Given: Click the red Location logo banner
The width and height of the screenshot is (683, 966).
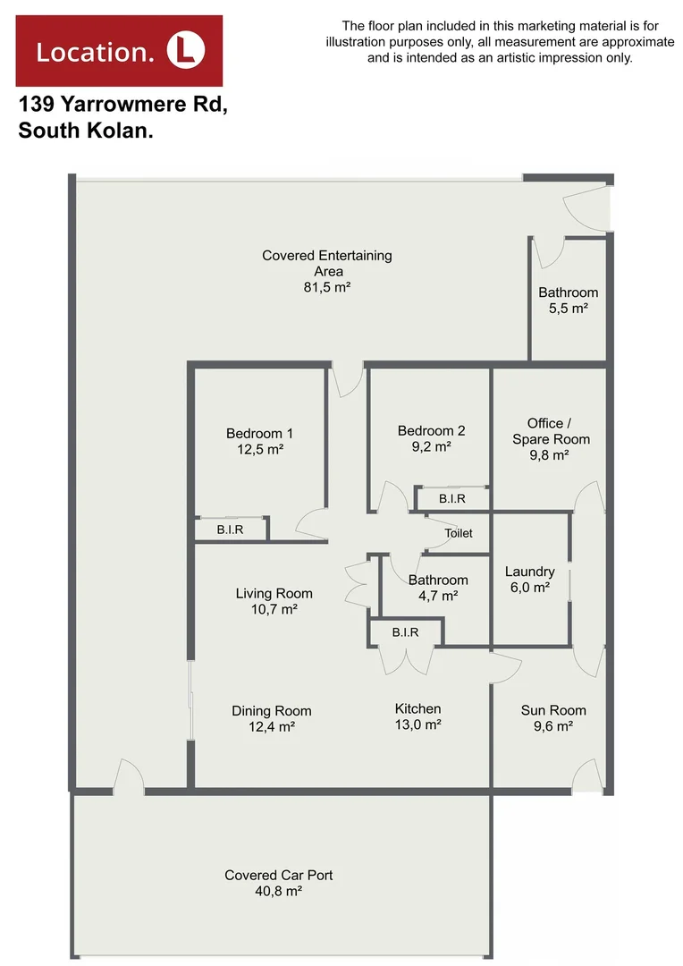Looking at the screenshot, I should pyautogui.click(x=120, y=50).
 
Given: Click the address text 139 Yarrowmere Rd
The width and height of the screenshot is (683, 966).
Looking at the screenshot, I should pyautogui.click(x=123, y=105).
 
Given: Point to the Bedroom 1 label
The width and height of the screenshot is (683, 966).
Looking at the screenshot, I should pyautogui.click(x=259, y=435).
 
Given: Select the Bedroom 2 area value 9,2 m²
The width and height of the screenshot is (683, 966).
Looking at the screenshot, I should pyautogui.click(x=431, y=447).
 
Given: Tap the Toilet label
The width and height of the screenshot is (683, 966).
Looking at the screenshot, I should pyautogui.click(x=459, y=533).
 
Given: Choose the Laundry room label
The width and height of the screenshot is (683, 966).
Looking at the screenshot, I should pyautogui.click(x=529, y=572).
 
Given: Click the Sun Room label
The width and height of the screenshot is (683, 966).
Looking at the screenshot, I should pyautogui.click(x=553, y=710).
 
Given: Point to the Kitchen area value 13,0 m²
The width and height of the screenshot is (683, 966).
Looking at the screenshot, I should pyautogui.click(x=417, y=725).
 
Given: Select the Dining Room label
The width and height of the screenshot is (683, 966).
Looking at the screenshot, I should pyautogui.click(x=272, y=711).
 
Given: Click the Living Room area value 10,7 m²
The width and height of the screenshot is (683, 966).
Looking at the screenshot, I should pyautogui.click(x=274, y=609).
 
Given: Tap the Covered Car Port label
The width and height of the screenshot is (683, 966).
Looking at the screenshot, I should pyautogui.click(x=279, y=875).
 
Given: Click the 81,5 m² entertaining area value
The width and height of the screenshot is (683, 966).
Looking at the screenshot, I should pyautogui.click(x=326, y=287).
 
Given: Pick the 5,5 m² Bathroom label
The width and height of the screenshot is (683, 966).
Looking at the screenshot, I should pyautogui.click(x=568, y=301).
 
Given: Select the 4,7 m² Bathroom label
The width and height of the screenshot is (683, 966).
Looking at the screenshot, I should pyautogui.click(x=438, y=588).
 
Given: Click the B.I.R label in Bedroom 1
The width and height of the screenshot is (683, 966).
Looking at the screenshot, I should pyautogui.click(x=231, y=530).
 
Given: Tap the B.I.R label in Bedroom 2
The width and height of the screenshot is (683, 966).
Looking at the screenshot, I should pyautogui.click(x=451, y=498).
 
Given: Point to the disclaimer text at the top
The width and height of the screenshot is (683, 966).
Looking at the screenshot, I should pyautogui.click(x=500, y=42).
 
